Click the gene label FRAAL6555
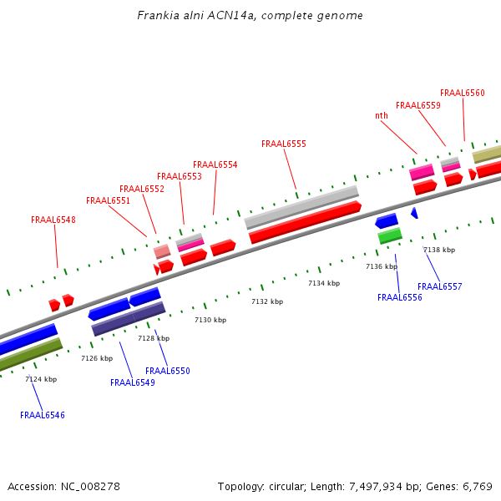point(284,144)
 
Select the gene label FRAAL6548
point(53,220)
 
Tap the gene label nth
point(382,116)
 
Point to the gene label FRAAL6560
point(462,93)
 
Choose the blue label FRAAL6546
point(43,415)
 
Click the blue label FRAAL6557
point(440,286)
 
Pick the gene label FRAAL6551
point(108,200)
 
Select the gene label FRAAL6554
point(215,164)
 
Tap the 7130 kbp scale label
point(210,320)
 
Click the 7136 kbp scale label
point(381,266)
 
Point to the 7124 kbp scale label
point(41,379)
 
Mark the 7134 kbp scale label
point(324,283)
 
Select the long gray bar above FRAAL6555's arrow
point(301,207)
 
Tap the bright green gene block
point(390,236)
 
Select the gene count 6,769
point(476,486)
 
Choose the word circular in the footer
point(287,486)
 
